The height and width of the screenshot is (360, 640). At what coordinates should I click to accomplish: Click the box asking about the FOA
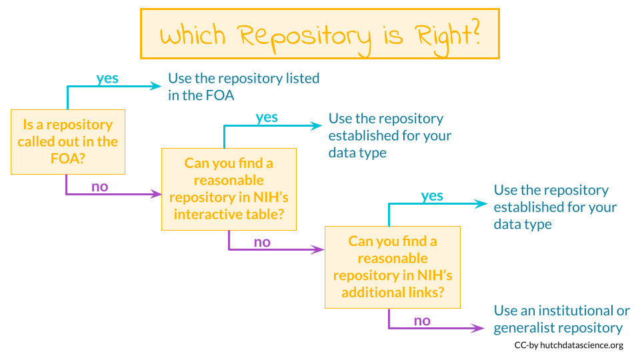67,141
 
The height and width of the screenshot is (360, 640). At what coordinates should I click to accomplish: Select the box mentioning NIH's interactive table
229,189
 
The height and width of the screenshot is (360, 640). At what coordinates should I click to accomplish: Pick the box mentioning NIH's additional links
392,267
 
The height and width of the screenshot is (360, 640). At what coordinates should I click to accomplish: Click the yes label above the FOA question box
107,78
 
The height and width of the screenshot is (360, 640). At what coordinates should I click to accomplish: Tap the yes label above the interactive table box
267,117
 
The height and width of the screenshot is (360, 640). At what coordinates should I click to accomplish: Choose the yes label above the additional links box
432,195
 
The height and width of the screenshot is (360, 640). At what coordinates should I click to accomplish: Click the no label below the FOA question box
99,186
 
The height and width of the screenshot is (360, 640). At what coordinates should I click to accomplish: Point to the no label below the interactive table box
262,242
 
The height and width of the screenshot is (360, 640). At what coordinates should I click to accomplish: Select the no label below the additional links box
422,321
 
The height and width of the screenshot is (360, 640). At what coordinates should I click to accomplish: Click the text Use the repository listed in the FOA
243,86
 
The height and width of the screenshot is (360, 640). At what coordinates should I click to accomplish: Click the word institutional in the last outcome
575,311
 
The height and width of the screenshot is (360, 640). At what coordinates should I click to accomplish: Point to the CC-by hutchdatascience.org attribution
569,345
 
